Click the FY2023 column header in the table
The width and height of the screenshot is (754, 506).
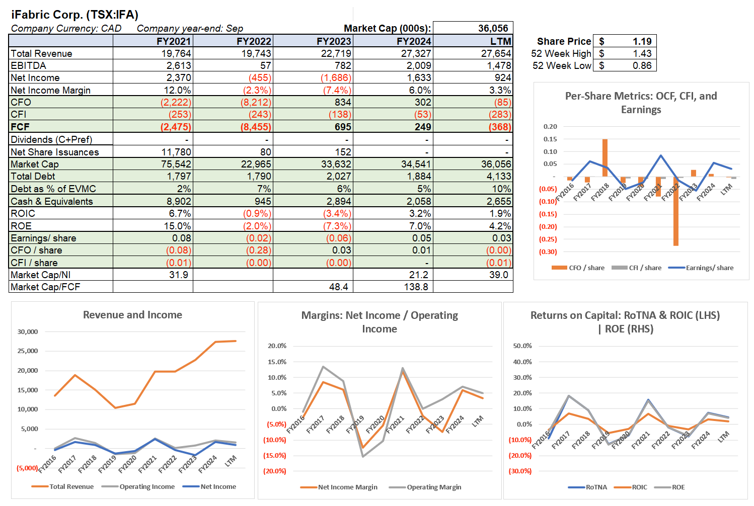click(334, 41)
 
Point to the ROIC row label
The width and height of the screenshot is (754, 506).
click(23, 213)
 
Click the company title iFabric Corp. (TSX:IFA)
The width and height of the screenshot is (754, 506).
click(74, 15)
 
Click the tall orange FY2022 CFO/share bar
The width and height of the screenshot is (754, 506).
click(675, 211)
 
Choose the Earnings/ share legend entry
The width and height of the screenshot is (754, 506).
click(709, 268)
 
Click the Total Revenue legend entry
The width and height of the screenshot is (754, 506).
click(71, 486)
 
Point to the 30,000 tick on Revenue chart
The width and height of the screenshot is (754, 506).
click(28, 331)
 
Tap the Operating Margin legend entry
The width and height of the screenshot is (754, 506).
click(433, 487)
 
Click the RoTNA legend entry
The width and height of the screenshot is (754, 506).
click(596, 487)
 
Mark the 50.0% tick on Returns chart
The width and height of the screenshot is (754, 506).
click(522, 346)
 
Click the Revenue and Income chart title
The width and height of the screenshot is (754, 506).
click(132, 315)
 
